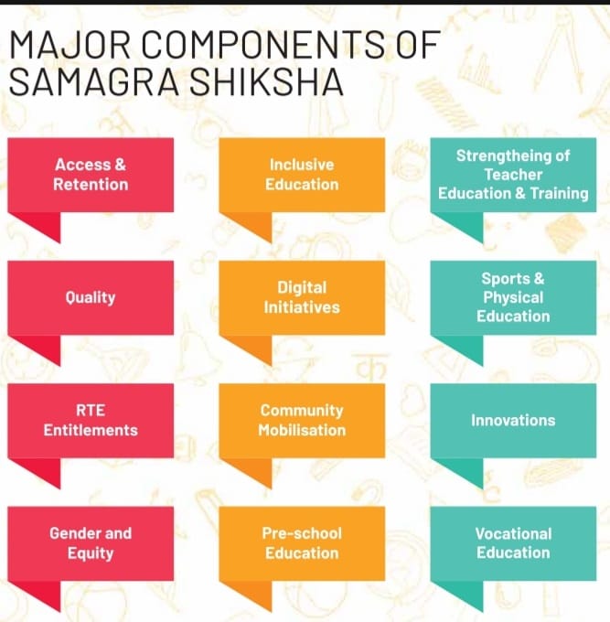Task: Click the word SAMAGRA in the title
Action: [x=94, y=81]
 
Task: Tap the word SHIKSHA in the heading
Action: [x=266, y=81]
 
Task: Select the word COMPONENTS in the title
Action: [x=263, y=45]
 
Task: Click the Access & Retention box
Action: [x=91, y=175]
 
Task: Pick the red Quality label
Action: [x=91, y=297]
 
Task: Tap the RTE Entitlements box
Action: [x=91, y=421]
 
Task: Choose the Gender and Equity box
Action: [x=91, y=543]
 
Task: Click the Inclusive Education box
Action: [x=302, y=175]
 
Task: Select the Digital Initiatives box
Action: [x=302, y=297]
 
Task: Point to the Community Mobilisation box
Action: [x=302, y=421]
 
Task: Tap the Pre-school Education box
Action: [x=302, y=543]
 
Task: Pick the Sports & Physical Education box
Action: [x=513, y=297]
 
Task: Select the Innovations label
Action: [x=513, y=421]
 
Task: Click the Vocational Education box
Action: [x=513, y=543]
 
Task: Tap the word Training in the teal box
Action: [x=559, y=194]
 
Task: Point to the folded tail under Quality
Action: [x=39, y=347]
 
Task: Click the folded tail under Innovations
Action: [x=463, y=469]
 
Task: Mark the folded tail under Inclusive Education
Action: [x=251, y=224]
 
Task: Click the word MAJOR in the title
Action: [x=70, y=45]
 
